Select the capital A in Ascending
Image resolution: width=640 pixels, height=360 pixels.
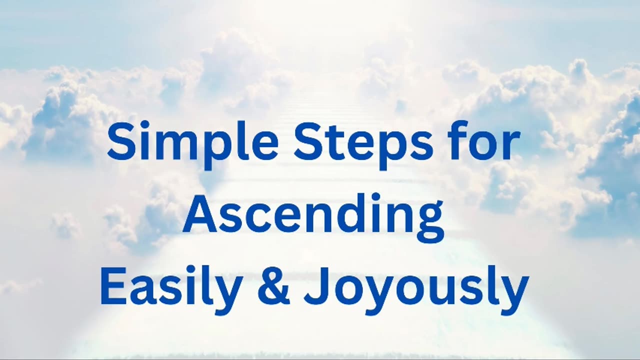(x=198, y=214)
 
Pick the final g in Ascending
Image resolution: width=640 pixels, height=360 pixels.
(x=429, y=220)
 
